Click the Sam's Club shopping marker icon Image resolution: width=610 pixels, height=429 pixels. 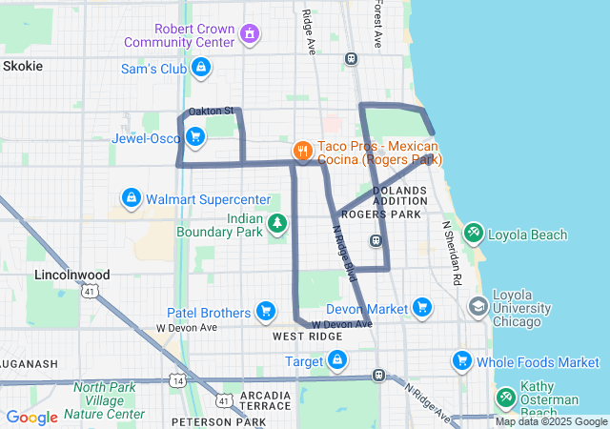[201, 68]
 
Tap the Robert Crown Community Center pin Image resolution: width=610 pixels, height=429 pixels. [250, 35]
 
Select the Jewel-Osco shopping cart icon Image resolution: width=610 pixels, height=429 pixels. [195, 137]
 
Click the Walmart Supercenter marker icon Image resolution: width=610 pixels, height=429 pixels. [130, 198]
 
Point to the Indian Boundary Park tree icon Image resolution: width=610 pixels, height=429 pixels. [276, 224]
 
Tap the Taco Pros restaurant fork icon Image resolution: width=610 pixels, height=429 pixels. [302, 150]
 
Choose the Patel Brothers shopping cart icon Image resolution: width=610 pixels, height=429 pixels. [266, 311]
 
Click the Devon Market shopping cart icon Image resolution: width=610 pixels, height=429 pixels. [421, 308]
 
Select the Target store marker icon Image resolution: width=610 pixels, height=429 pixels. [336, 360]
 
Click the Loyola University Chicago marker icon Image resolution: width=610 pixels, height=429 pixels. [478, 307]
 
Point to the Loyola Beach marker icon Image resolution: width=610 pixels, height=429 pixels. [473, 233]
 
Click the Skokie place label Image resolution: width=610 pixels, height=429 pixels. [23, 66]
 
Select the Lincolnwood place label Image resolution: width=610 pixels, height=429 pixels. [71, 275]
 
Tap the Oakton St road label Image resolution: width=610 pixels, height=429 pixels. [211, 112]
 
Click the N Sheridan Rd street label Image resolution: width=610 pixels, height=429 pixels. [451, 255]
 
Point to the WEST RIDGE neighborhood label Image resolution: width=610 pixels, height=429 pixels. [307, 337]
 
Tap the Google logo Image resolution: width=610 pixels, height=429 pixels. [31, 417]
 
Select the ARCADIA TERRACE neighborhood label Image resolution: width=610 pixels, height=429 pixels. [265, 400]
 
